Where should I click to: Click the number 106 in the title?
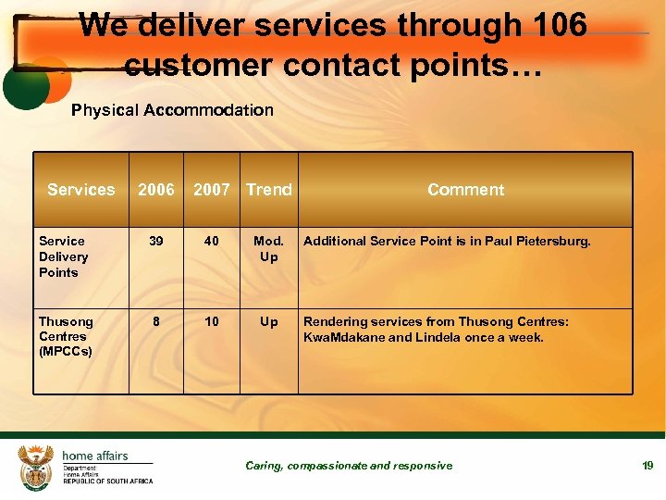557,26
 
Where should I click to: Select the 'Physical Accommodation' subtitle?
172,110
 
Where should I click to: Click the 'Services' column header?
81,190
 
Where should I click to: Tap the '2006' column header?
155,190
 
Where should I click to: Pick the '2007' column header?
211,190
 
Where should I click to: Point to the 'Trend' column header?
268,190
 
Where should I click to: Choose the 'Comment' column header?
465,190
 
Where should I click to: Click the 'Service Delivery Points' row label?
64,256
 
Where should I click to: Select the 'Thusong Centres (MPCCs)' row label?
66,336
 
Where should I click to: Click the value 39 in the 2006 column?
156,241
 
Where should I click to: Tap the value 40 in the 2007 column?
212,241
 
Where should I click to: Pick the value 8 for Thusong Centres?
156,321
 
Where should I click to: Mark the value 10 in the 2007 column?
212,321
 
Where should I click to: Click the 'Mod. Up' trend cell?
268,248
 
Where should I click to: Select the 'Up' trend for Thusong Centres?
268,321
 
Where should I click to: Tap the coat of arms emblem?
36,466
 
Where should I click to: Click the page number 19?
647,465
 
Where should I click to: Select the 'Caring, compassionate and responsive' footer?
349,466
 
